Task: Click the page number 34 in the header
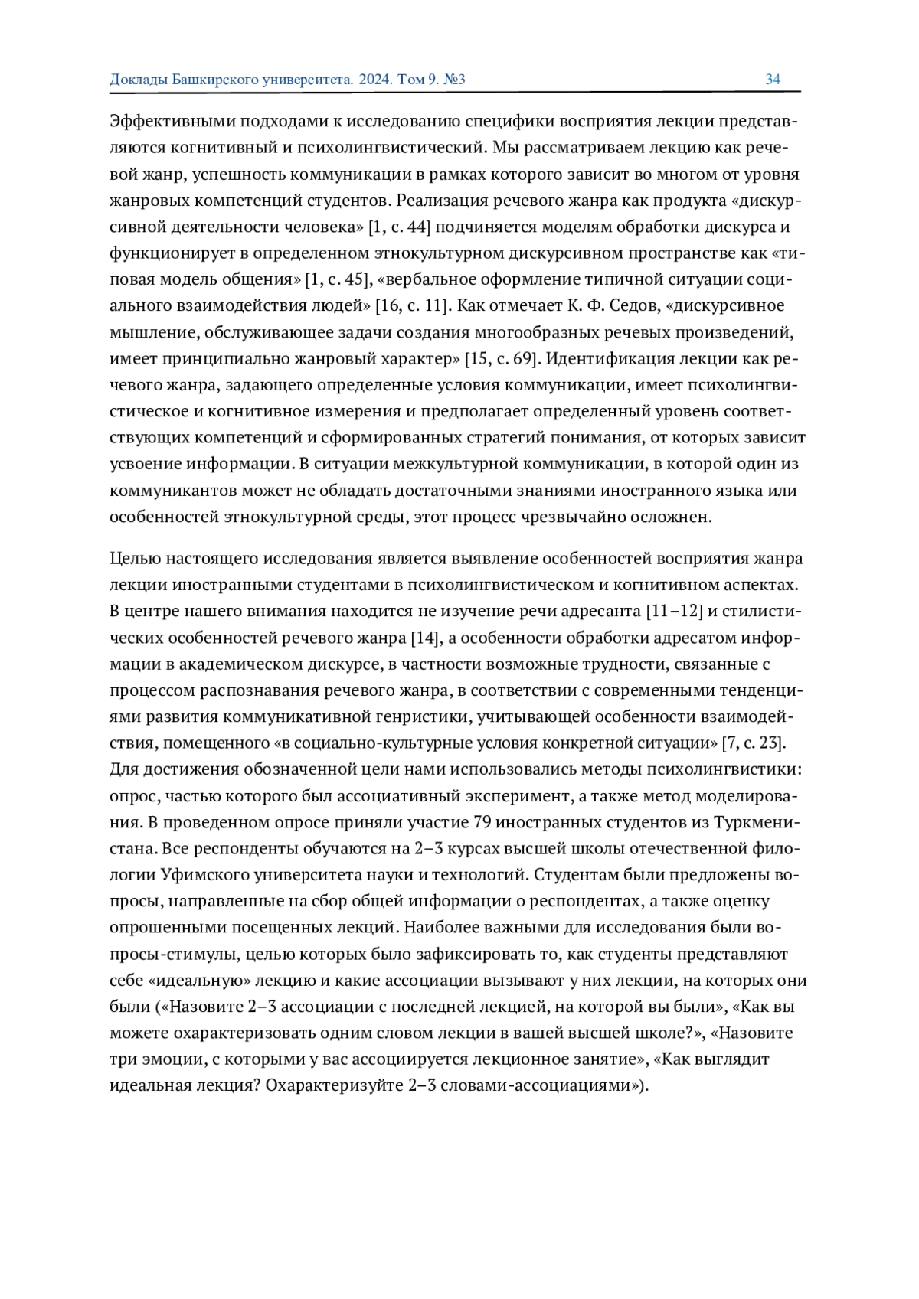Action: click(773, 80)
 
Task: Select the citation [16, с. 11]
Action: click(411, 306)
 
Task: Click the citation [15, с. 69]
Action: click(502, 359)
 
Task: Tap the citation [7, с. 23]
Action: click(754, 743)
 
